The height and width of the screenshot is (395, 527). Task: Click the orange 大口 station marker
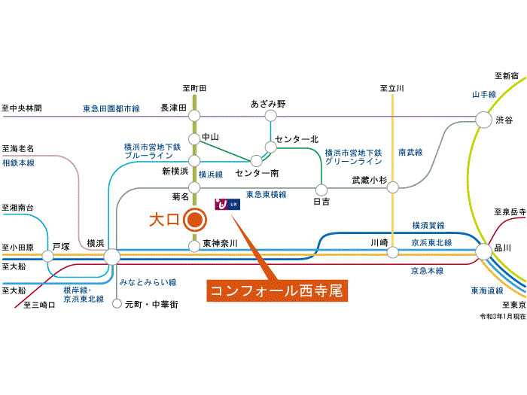pos(195,220)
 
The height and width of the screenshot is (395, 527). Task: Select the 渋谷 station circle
pos(483,119)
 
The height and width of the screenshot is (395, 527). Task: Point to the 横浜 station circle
pos(111,257)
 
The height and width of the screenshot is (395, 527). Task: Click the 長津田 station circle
pos(194,115)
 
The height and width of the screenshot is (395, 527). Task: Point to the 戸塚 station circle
pos(55,256)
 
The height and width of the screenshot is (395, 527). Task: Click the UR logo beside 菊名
pos(226,203)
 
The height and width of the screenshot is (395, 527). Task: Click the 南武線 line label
pos(410,152)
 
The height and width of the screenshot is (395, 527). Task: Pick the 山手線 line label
pos(483,94)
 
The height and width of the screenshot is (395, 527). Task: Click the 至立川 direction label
pos(393,89)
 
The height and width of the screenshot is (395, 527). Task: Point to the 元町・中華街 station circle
pos(117,304)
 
